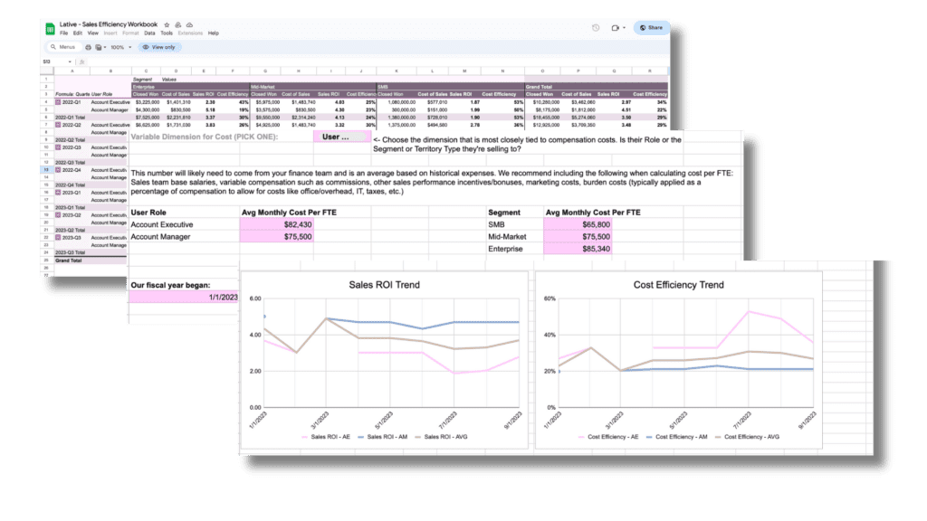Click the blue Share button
(651, 28)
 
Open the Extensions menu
(190, 33)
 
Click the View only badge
(158, 47)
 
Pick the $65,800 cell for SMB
(580, 224)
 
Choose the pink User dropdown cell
(342, 137)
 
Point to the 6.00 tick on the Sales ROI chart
(254, 298)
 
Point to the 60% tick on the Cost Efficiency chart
(549, 298)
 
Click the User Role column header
(149, 212)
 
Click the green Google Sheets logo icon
(50, 28)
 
